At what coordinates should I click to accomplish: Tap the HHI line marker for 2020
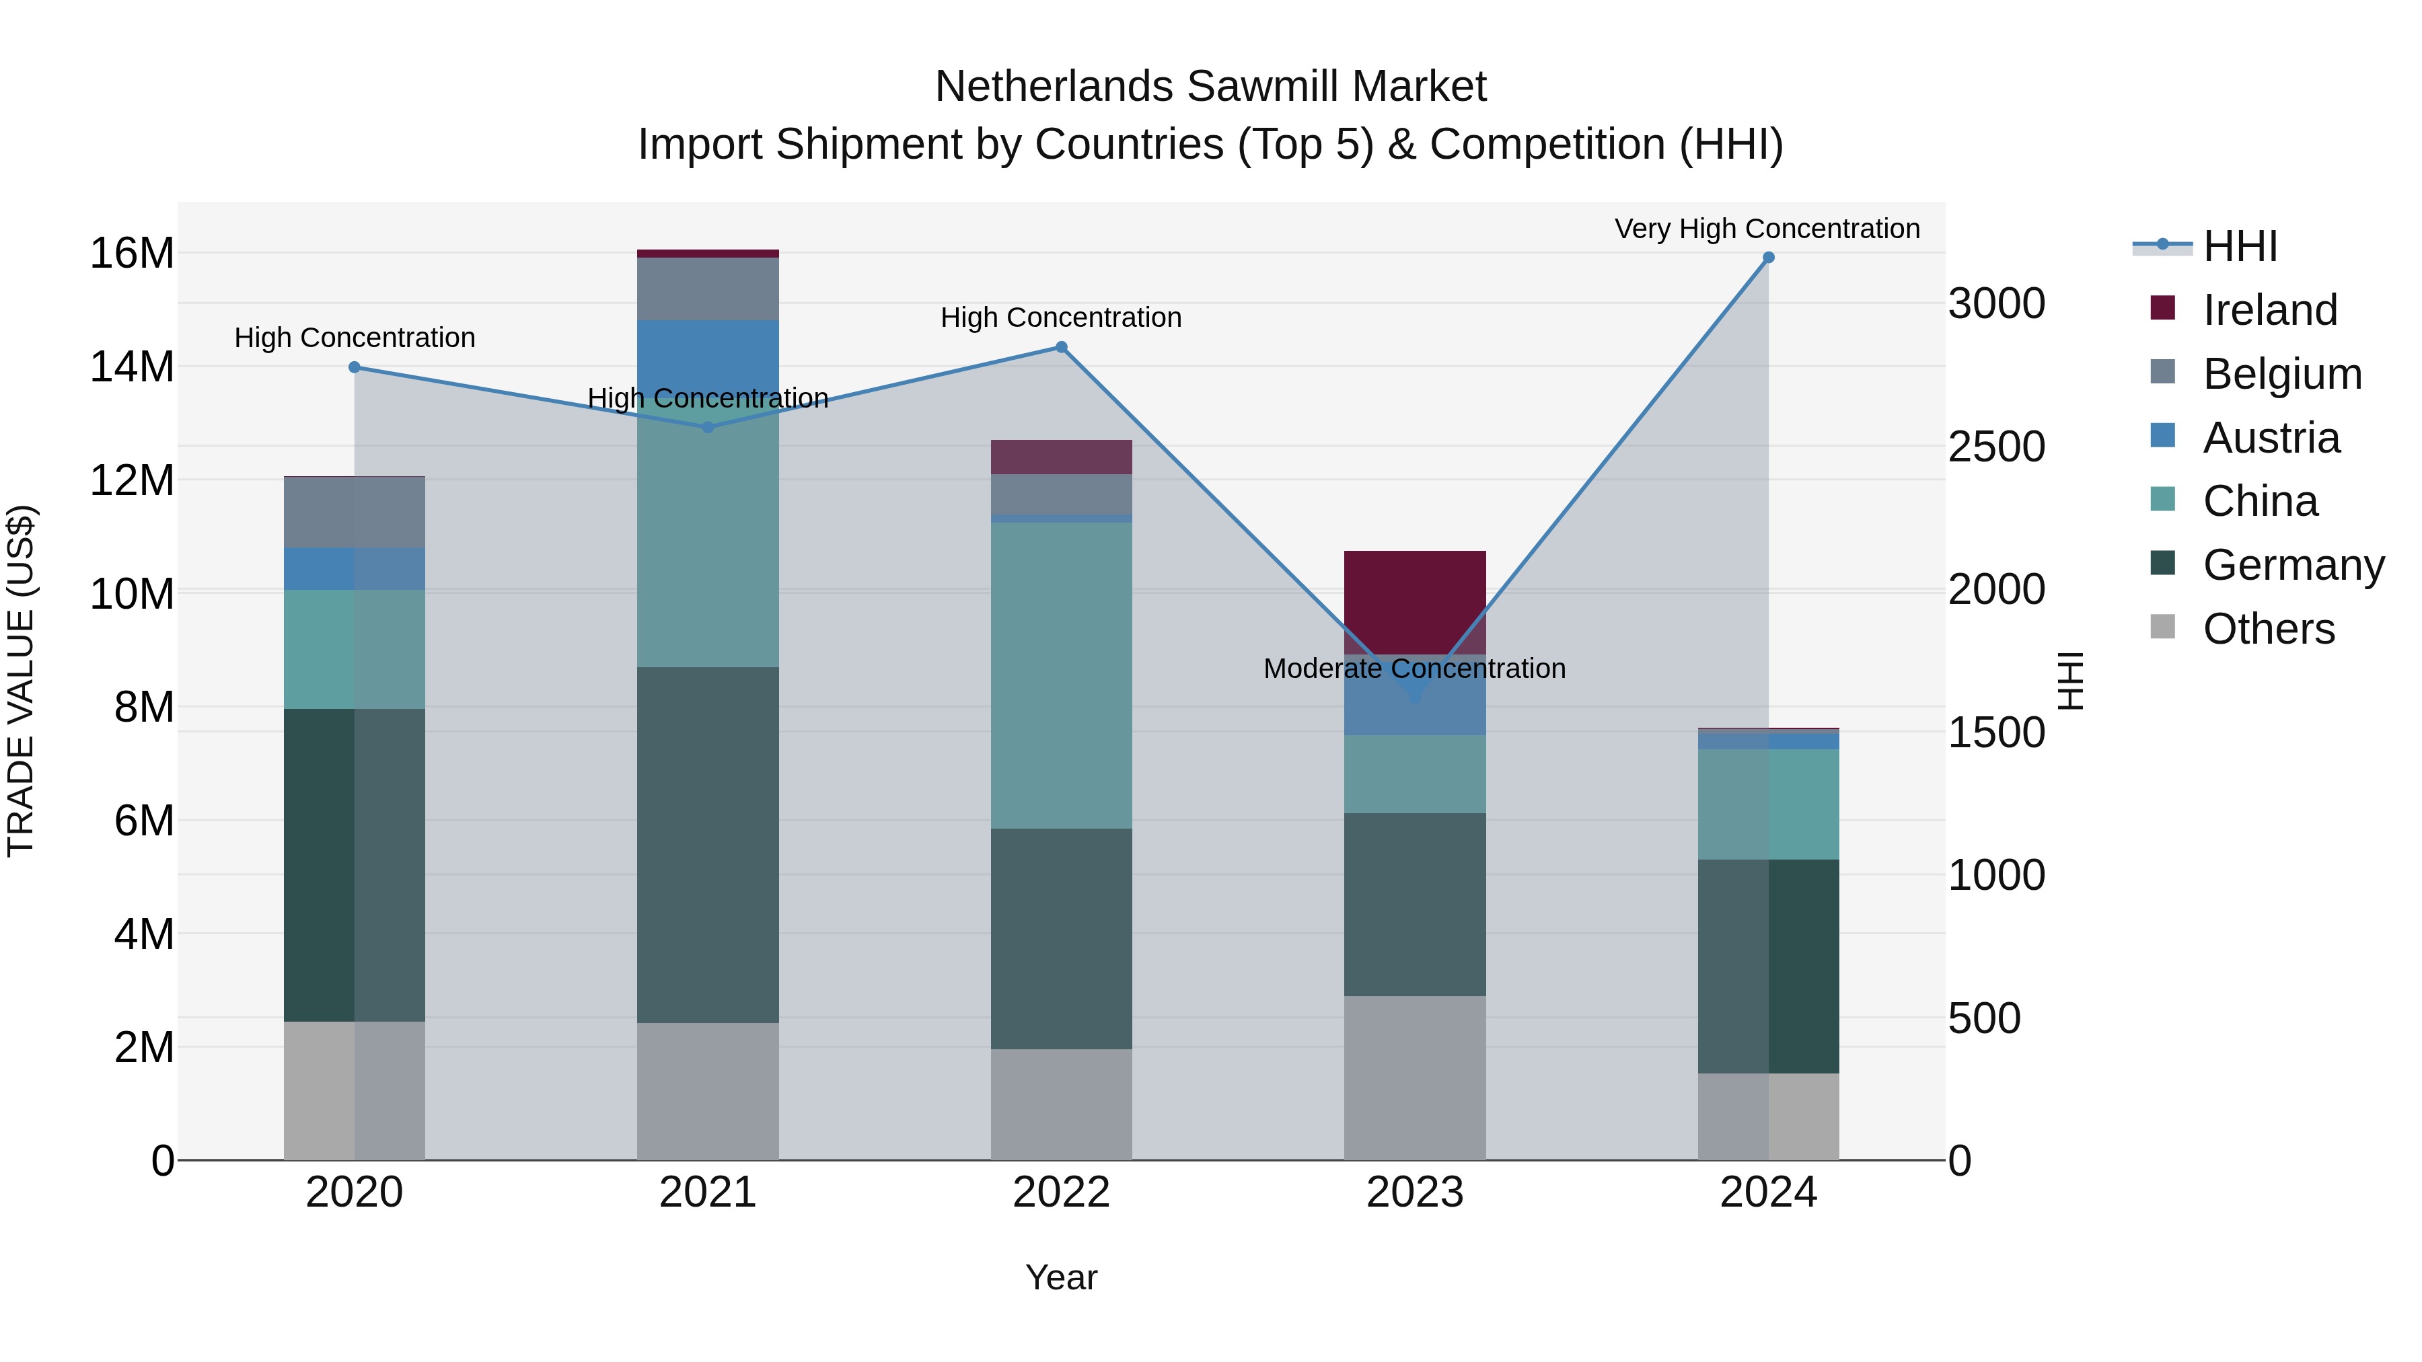355,367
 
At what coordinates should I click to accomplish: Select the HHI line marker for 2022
1062,348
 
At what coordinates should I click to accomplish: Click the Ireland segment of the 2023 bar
1415,601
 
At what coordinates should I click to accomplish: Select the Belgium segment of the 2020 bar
355,513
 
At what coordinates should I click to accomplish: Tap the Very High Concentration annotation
1767,229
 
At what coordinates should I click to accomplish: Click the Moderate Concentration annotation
1414,669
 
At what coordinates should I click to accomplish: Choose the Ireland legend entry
2269,310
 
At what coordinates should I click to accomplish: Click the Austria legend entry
2271,438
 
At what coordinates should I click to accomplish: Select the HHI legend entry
2240,246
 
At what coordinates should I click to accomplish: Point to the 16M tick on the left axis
132,254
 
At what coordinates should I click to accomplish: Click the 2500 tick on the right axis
1996,447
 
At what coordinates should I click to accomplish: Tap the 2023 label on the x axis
1415,1193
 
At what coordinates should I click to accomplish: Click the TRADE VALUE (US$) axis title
21,681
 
